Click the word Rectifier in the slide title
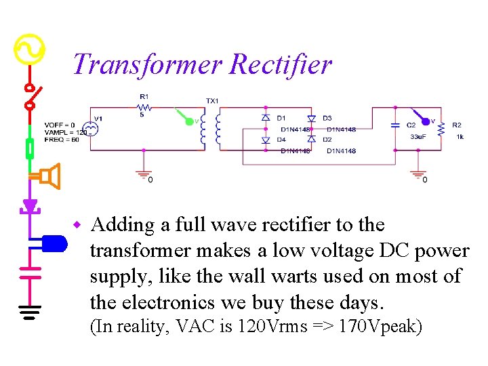pos(281,64)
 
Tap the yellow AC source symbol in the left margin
pos(29,49)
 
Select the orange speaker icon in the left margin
pos(49,176)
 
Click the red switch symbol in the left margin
pos(30,96)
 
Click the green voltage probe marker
pos(189,121)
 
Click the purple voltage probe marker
pos(425,121)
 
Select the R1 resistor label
pos(144,96)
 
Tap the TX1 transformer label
pos(213,101)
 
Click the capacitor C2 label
pos(411,125)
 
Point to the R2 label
pos(457,125)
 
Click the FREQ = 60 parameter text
pos(62,140)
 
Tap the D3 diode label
pos(327,118)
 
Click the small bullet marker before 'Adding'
pos(78,224)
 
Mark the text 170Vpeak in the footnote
pos(381,327)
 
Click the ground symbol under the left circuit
pos(142,175)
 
